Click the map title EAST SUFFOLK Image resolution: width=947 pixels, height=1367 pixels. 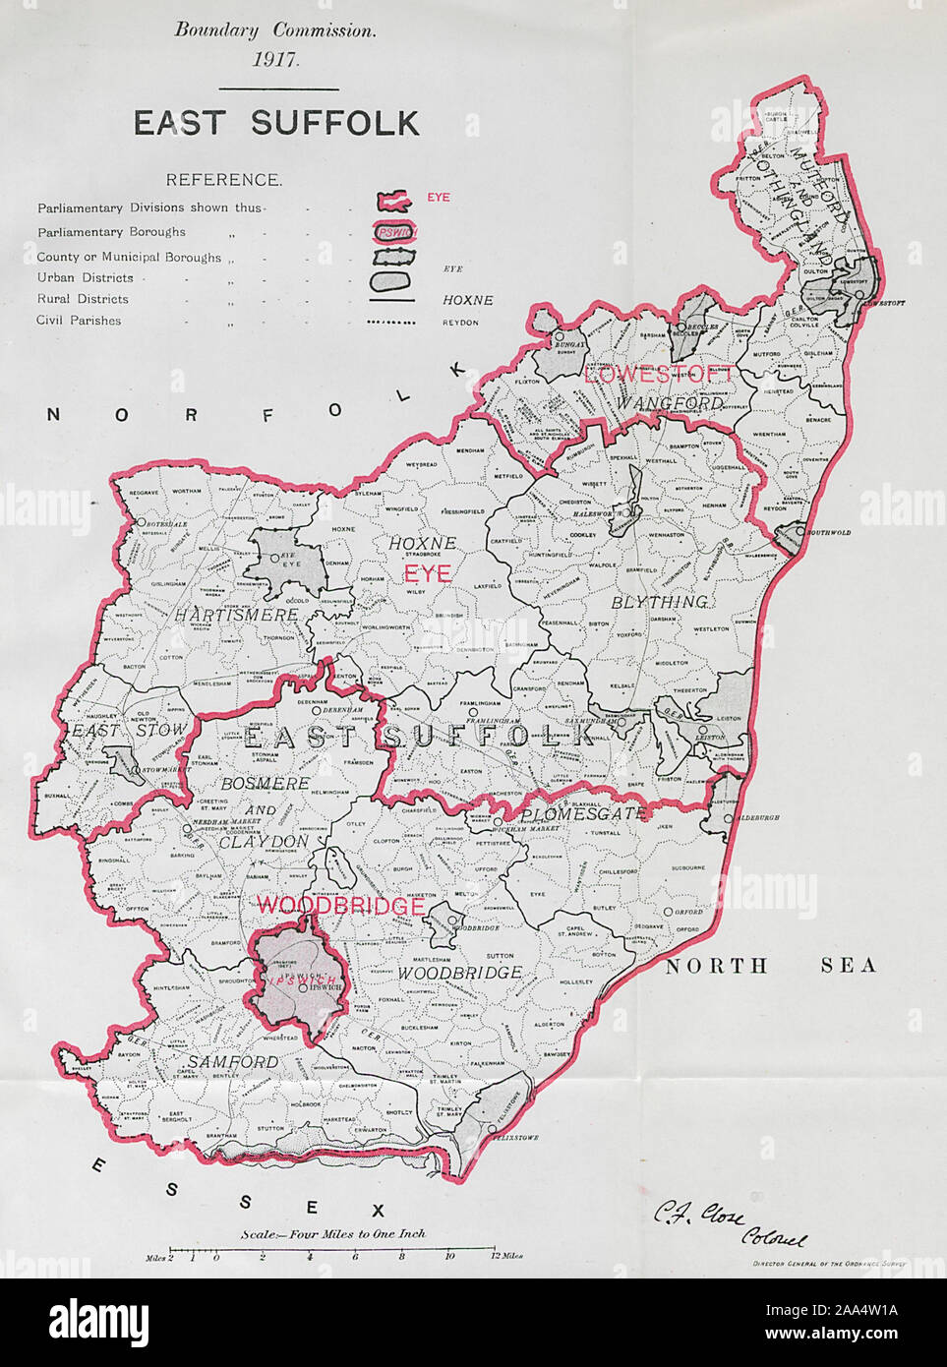coord(276,123)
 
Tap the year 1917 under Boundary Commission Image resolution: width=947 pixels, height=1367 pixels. coord(275,58)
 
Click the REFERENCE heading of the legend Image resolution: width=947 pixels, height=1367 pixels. coord(224,180)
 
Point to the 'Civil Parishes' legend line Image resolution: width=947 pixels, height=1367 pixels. coord(80,320)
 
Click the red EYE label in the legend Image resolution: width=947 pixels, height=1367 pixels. coord(438,198)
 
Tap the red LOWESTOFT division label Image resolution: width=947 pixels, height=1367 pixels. coord(658,374)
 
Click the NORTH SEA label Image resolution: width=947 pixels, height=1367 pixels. coord(770,965)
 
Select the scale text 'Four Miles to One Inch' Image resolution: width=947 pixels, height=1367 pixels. coord(333,1233)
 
